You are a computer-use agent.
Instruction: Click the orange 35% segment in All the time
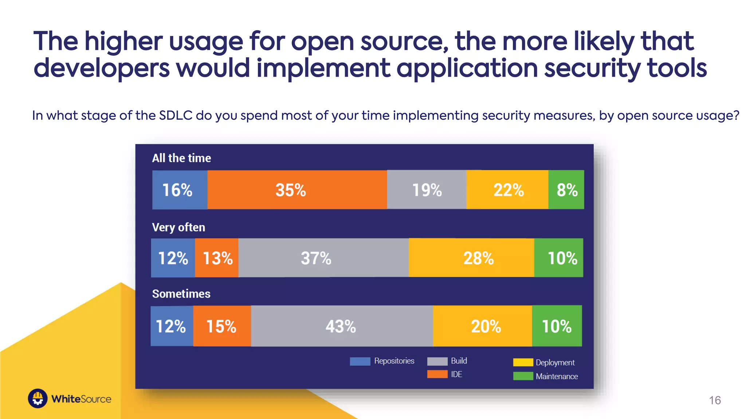coord(297,189)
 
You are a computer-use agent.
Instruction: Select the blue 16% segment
coord(180,189)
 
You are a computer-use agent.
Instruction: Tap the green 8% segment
coord(566,189)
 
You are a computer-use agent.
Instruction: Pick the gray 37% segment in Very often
coord(323,258)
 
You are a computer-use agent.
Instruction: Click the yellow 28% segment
coord(471,258)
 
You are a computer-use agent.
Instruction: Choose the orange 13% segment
coord(217,258)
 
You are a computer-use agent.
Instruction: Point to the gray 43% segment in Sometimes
coord(342,326)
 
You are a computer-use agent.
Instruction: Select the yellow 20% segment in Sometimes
coord(482,326)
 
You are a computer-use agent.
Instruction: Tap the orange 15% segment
coord(222,326)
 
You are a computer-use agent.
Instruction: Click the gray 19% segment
coord(427,189)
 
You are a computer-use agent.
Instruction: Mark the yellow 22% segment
coord(507,189)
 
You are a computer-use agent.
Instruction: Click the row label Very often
coord(178,227)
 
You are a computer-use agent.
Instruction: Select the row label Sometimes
coord(181,294)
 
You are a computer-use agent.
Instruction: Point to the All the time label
coord(181,158)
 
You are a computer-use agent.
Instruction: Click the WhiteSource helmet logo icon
coord(38,399)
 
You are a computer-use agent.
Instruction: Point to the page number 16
coord(715,400)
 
